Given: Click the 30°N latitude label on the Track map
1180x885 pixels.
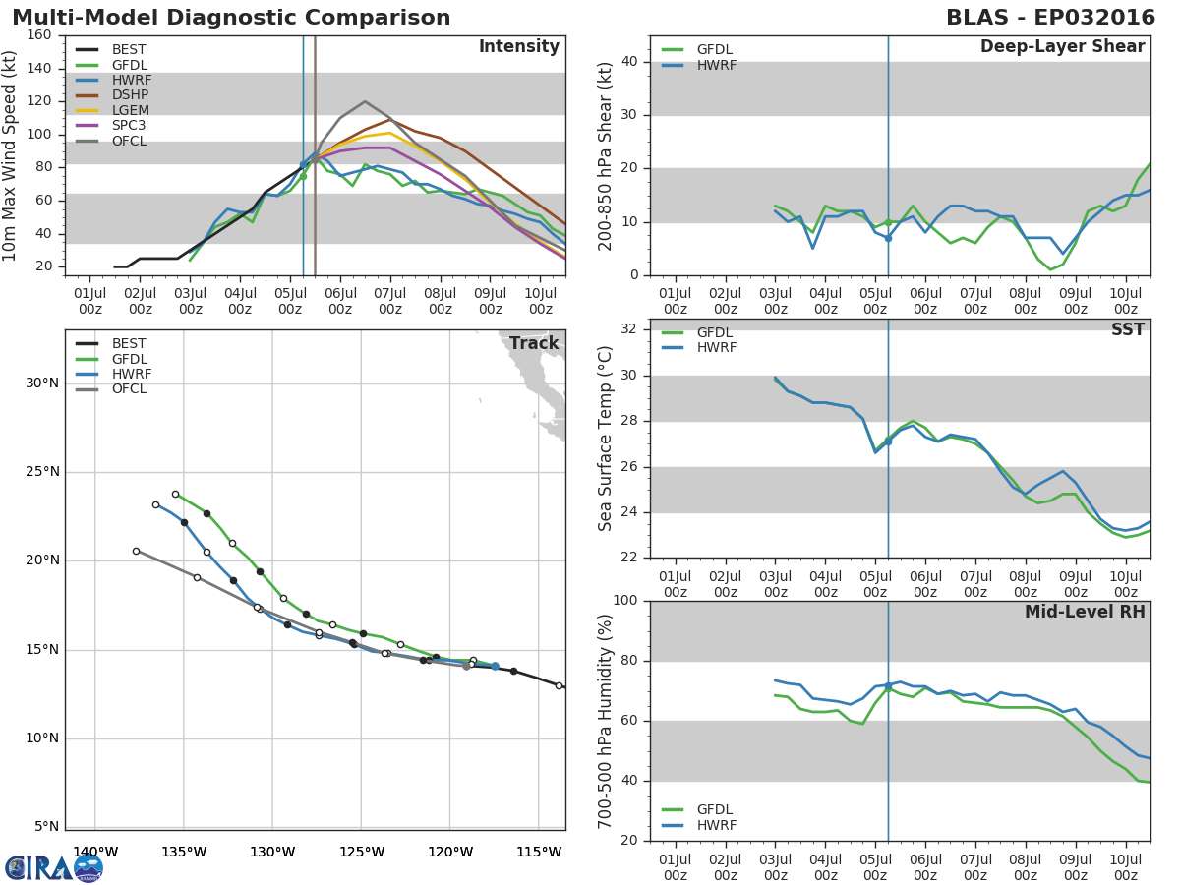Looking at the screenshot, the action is (42, 383).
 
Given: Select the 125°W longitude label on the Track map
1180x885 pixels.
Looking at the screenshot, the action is (361, 852).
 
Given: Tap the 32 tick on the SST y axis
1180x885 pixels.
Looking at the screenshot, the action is (629, 328).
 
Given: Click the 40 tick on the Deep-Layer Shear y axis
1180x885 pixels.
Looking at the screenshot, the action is (629, 61).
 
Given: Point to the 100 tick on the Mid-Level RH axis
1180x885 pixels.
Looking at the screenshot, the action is (625, 600).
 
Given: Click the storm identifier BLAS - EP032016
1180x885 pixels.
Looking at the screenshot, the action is (1050, 18).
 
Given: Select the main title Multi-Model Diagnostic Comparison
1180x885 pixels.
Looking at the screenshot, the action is (231, 18).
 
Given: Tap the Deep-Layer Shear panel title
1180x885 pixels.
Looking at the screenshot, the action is (1062, 46).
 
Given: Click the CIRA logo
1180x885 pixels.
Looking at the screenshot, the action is (54, 868).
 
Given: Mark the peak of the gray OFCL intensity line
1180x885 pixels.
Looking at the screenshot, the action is (365, 101).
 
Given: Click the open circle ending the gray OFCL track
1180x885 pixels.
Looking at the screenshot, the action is (136, 551).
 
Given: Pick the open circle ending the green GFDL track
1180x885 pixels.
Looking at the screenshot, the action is (175, 494).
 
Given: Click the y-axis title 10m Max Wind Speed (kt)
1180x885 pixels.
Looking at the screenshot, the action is (9, 155).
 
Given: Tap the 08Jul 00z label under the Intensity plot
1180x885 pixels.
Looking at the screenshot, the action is (440, 301).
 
